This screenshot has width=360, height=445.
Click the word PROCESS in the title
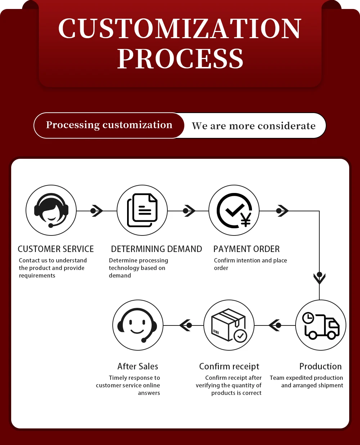tap(180, 59)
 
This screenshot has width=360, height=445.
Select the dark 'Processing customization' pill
tap(109, 125)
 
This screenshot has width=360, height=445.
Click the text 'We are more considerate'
tap(253, 126)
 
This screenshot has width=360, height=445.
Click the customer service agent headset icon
tap(51, 210)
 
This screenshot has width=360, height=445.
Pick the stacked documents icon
tap(142, 210)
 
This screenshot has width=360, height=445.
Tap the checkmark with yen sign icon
tap(234, 210)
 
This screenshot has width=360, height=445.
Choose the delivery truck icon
tap(321, 325)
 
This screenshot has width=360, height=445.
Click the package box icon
tap(229, 325)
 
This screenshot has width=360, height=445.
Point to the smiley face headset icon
tap(138, 325)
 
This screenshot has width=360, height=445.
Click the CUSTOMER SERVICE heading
tap(56, 249)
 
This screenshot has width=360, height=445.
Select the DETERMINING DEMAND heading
tap(157, 249)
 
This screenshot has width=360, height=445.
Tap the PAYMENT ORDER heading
tap(247, 249)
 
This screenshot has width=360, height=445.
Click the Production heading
tap(320, 367)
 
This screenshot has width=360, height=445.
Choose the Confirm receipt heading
tap(229, 367)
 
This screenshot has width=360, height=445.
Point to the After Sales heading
tap(138, 367)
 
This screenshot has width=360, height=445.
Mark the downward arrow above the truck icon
tap(319, 278)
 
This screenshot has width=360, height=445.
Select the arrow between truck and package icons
tap(275, 325)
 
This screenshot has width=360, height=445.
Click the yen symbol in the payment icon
tap(246, 220)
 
